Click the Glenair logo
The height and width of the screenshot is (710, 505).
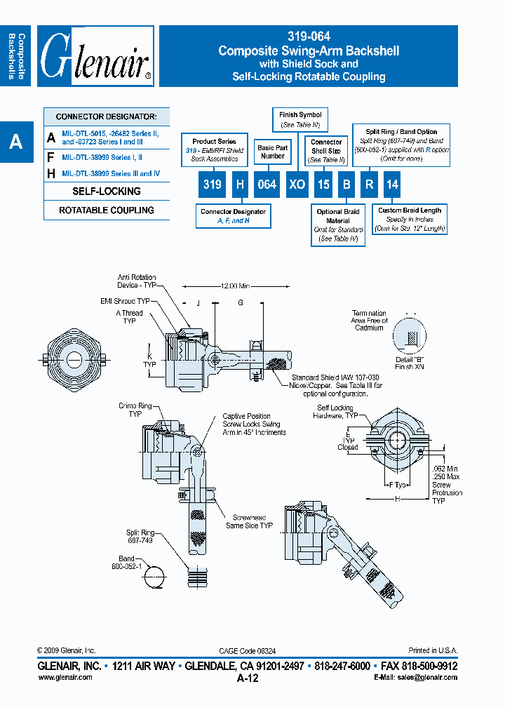96,56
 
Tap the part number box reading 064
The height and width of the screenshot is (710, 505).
268,185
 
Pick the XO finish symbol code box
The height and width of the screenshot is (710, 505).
297,185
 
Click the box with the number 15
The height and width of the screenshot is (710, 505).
323,185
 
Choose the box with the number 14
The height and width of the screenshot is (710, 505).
392,185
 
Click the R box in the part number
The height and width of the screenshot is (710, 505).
369,185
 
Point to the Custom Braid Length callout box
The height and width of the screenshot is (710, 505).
410,218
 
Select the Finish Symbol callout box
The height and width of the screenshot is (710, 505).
300,119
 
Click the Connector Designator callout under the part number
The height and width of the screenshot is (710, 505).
233,216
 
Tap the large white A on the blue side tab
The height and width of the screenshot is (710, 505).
15,142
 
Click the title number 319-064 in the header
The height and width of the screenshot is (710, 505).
309,36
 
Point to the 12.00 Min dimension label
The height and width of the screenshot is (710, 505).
234,286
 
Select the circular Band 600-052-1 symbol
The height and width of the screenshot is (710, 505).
156,577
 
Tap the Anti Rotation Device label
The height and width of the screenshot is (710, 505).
137,281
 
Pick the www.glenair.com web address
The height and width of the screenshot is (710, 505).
65,677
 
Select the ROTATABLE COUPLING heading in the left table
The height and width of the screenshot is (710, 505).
107,210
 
